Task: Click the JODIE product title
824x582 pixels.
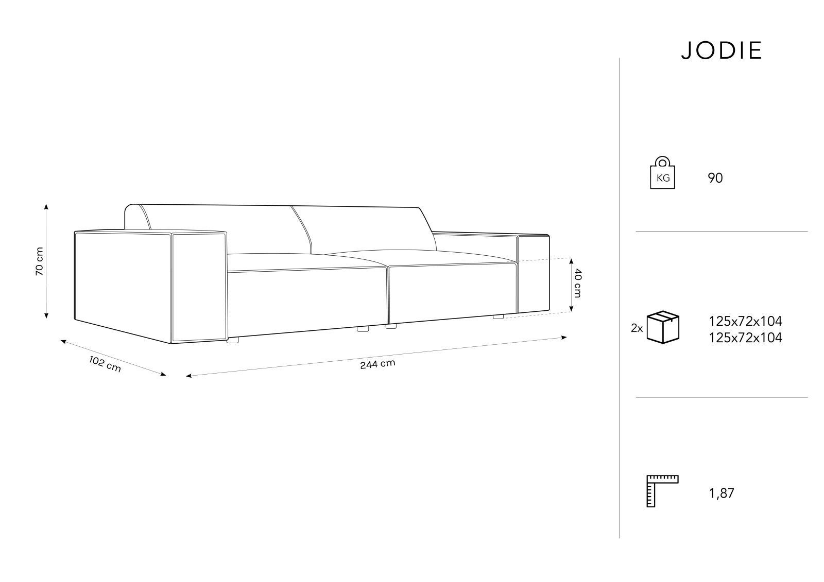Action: coord(722,50)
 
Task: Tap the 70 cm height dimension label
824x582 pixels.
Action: coord(39,261)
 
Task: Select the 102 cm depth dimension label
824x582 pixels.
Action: coord(105,364)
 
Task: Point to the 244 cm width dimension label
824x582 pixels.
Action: coord(378,364)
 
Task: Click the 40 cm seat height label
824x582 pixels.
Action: coord(577,283)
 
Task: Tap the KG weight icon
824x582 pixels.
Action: coord(662,173)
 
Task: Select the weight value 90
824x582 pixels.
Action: coord(715,178)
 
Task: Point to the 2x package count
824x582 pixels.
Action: coord(637,328)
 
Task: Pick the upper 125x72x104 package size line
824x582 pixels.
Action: coord(745,321)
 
